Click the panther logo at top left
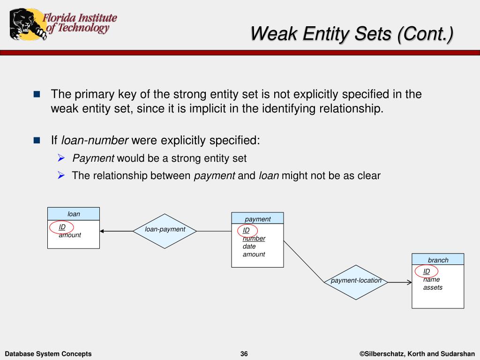tap(26, 24)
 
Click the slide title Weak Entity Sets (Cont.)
tap(352, 34)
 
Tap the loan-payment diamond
tap(165, 230)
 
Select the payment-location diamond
tap(356, 281)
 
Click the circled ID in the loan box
tap(62, 227)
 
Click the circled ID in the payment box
tap(247, 230)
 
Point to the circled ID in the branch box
tap(427, 271)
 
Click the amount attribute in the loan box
tap(70, 235)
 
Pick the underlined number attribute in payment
tap(254, 239)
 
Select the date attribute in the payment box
tap(249, 247)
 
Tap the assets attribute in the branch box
tap(433, 288)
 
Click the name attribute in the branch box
tap(431, 280)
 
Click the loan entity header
tap(74, 214)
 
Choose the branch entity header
tap(438, 260)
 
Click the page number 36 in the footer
tap(244, 354)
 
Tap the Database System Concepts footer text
tap(48, 354)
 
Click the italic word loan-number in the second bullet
tap(95, 140)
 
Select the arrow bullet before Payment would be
tap(61, 158)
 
